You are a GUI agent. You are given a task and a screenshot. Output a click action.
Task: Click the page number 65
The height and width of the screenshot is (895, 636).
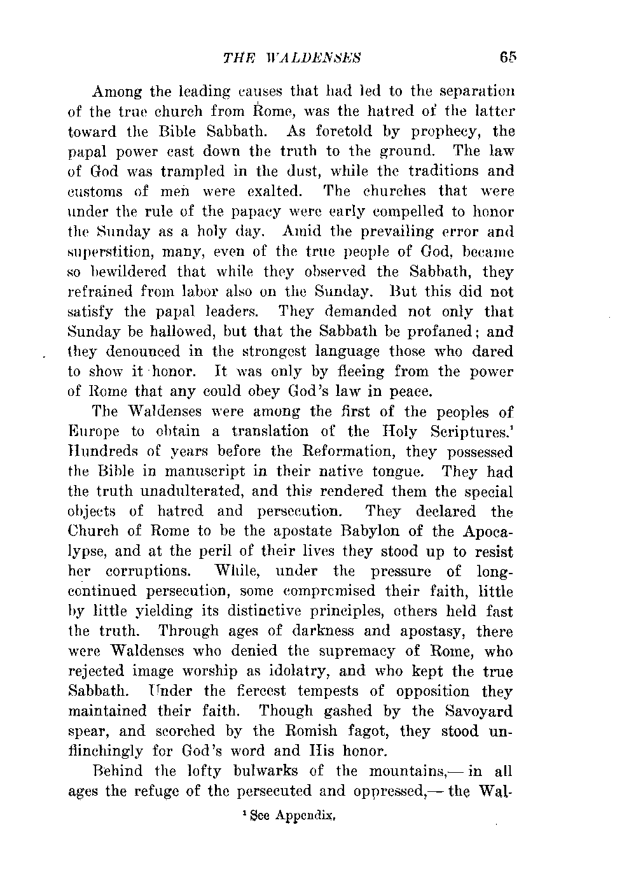click(x=506, y=57)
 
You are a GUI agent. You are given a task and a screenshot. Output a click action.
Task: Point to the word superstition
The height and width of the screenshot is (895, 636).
click(x=103, y=252)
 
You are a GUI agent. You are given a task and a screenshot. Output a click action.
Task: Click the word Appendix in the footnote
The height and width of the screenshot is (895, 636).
click(x=306, y=812)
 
